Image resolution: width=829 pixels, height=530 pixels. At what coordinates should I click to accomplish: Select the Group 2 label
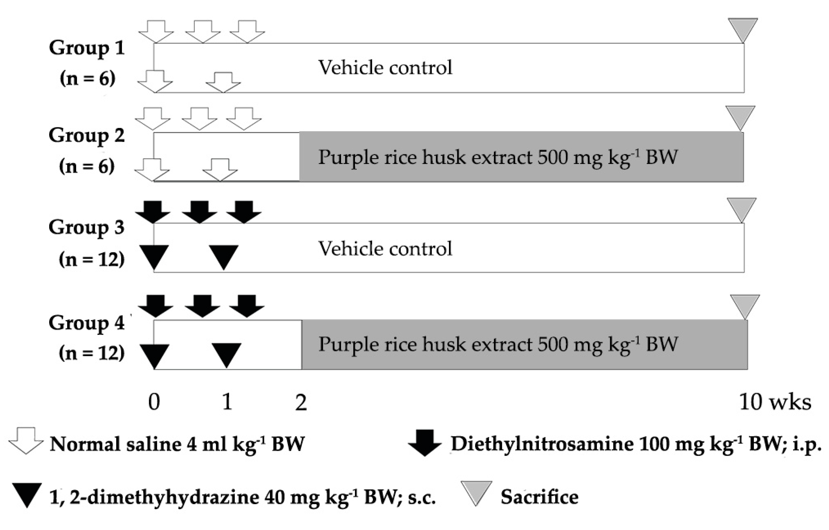point(86,135)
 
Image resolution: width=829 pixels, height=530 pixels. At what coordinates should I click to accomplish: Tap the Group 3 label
point(86,228)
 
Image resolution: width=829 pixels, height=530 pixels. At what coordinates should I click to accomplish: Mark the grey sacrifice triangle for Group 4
point(745,306)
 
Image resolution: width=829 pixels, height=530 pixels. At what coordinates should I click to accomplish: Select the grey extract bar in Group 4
point(524,345)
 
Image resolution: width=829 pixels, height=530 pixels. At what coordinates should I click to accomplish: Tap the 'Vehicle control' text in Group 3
point(385,249)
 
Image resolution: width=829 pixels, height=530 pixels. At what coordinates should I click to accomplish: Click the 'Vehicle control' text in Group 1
point(385,67)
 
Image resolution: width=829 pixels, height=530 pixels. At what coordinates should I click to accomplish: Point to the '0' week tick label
point(154,402)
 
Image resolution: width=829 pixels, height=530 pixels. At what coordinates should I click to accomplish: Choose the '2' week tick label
point(301,402)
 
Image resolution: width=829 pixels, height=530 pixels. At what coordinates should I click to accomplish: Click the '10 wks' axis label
point(775,402)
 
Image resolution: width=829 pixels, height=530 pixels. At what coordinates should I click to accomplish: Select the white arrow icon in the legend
point(26,441)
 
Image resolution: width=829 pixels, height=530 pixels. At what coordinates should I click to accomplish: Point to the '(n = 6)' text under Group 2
point(87,166)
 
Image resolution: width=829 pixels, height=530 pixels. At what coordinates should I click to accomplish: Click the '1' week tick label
point(227,402)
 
